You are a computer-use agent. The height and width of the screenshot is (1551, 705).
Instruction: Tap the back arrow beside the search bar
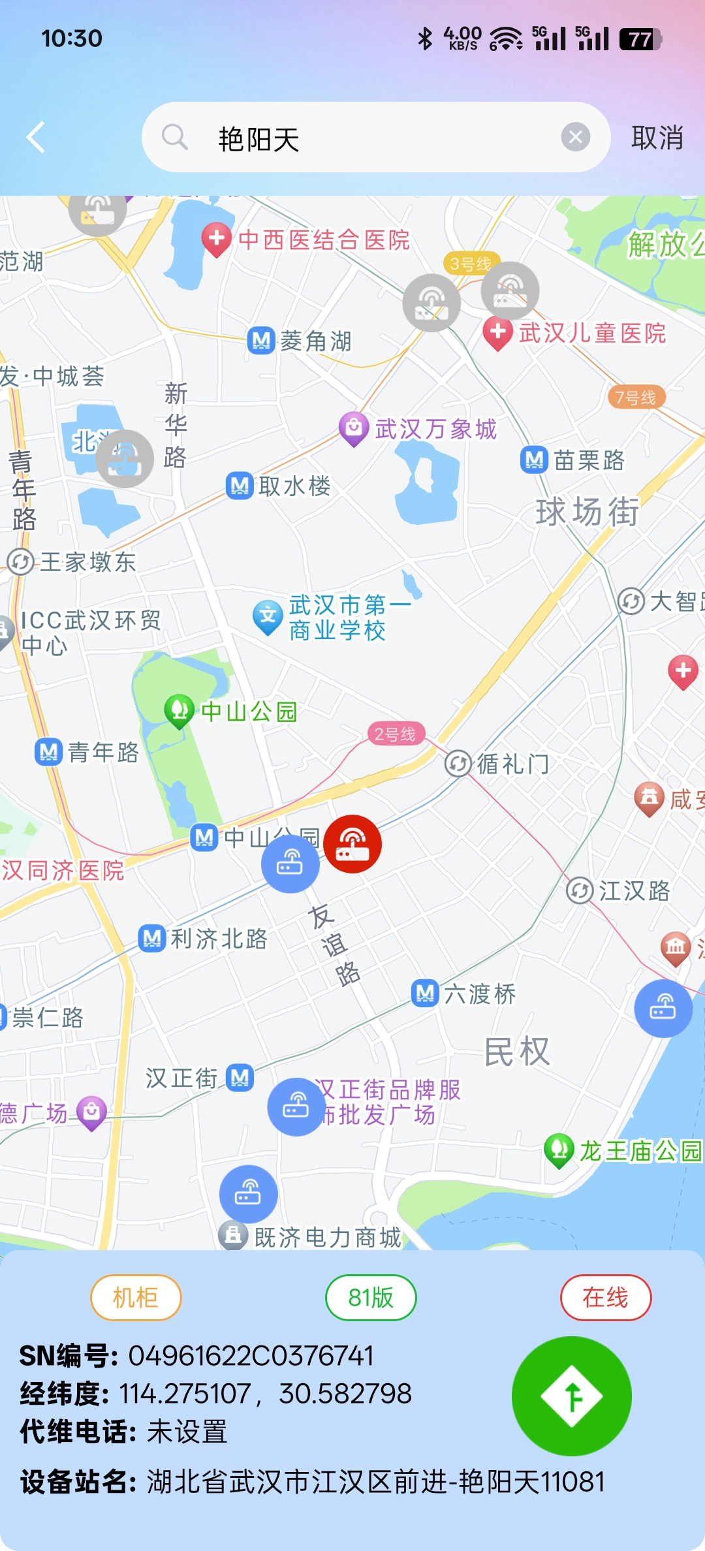[37, 137]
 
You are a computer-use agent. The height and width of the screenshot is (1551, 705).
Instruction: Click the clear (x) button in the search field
[575, 137]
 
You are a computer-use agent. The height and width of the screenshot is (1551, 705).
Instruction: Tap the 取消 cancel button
[657, 138]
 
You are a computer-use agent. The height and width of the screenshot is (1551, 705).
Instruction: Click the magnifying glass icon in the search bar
[174, 138]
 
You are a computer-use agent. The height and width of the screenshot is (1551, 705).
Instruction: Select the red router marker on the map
[352, 843]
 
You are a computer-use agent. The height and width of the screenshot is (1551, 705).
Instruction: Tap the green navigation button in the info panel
[571, 1396]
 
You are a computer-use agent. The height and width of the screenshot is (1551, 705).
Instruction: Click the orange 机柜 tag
[136, 1297]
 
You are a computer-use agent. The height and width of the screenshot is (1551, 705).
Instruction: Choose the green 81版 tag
[371, 1297]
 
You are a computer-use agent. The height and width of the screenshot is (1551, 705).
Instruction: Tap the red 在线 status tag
[606, 1297]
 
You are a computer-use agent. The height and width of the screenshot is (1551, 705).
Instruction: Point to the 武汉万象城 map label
[435, 430]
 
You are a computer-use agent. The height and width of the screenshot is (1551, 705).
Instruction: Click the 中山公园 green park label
[249, 712]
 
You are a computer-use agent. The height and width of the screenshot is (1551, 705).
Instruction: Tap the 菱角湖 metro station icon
[261, 341]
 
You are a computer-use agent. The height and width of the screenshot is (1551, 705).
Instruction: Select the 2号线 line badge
[395, 734]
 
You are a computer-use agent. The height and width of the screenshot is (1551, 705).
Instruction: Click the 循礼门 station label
[512, 764]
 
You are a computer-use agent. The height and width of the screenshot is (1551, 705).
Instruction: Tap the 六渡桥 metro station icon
[425, 994]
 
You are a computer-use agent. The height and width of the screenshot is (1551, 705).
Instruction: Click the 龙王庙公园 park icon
[559, 1150]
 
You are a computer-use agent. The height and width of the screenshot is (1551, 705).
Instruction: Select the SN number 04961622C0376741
[251, 1356]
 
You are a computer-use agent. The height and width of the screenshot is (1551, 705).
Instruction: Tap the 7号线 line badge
[636, 398]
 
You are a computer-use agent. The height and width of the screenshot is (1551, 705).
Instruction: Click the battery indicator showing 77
[640, 39]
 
